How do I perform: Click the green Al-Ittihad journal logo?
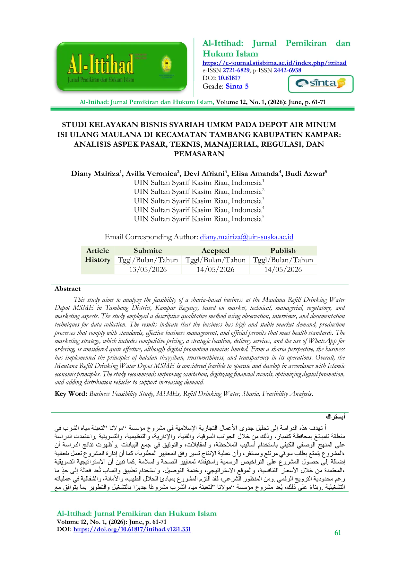pyautogui.click(x=122, y=66)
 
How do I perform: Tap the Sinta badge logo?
pyautogui.click(x=321, y=84)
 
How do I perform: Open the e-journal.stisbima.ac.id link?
pyautogui.click(x=274, y=63)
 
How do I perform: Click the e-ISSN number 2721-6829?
pyautogui.click(x=236, y=70)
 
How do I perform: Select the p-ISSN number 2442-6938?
pyautogui.click(x=287, y=70)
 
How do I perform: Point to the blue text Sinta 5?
pyautogui.click(x=237, y=86)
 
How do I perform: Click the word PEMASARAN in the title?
pyautogui.click(x=199, y=154)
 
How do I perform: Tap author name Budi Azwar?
pyautogui.click(x=305, y=174)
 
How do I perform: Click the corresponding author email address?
pyautogui.click(x=247, y=237)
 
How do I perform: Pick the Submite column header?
pyautogui.click(x=148, y=250)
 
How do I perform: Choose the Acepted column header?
pyautogui.click(x=215, y=251)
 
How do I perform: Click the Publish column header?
pyautogui.click(x=283, y=250)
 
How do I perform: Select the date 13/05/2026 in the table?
pyautogui.click(x=148, y=269)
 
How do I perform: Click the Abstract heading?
pyautogui.click(x=67, y=289)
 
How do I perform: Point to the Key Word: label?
pyautogui.click(x=71, y=394)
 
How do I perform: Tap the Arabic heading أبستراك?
pyautogui.click(x=335, y=417)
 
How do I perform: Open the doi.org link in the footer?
pyautogui.click(x=132, y=529)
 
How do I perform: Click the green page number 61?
pyautogui.click(x=338, y=533)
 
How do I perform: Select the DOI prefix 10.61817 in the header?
pyautogui.click(x=229, y=78)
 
